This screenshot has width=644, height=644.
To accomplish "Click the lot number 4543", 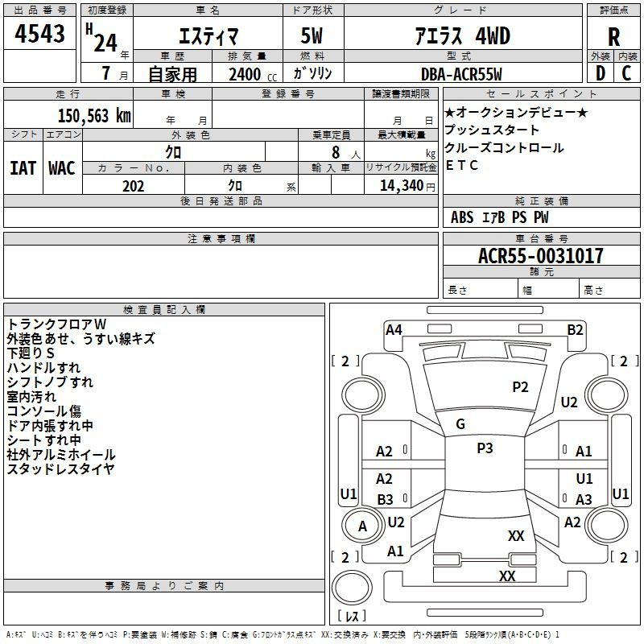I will point(39,34).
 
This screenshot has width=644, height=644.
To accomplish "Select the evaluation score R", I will point(613,37).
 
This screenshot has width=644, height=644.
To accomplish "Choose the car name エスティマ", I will point(206,36).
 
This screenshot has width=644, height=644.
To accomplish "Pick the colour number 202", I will point(133,186).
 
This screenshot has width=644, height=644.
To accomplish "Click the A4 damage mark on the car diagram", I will point(394,329).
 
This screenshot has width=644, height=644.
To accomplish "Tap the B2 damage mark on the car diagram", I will point(575,329).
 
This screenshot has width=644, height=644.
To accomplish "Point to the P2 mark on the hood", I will point(521,387).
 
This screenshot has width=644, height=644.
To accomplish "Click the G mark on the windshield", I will point(460,424).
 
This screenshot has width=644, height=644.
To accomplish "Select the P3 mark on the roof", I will point(485,448).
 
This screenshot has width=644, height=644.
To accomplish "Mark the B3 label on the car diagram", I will point(385,500).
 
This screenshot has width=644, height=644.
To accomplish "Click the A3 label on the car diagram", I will point(584,500).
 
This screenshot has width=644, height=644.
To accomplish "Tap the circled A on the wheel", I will point(362,526).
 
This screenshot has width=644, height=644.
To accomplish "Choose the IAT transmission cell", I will point(23,167).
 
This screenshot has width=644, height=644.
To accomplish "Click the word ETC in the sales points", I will point(462,166).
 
